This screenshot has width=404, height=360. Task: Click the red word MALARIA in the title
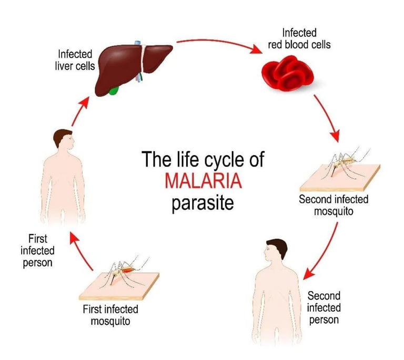pos(203,180)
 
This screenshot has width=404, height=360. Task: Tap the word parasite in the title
pos(202,202)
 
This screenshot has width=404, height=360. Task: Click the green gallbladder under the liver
pos(113,90)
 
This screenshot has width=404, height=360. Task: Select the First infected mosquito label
pos(110,314)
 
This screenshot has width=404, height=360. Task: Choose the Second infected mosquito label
pos(334,205)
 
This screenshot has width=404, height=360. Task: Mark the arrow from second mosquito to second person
pos(321,250)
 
